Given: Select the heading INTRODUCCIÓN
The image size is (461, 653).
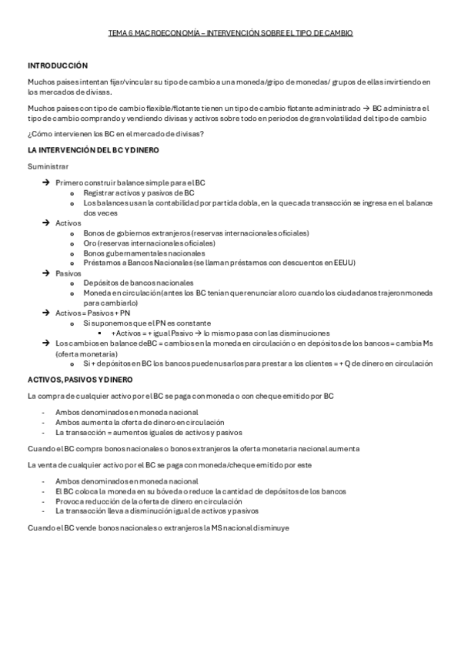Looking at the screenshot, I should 58,65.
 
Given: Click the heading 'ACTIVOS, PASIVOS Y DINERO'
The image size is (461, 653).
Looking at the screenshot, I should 80,380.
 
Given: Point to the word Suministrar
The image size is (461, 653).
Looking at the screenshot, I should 48,166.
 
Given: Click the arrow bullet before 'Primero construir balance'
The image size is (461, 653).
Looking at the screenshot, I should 46,183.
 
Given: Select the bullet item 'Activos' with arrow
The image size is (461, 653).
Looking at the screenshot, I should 68,223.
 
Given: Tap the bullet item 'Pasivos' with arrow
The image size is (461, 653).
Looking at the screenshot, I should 68,273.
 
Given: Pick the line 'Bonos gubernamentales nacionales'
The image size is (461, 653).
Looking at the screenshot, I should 144,253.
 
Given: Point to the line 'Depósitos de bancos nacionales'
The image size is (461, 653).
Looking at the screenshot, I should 139,283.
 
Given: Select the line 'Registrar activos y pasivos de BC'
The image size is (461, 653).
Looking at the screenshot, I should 139,193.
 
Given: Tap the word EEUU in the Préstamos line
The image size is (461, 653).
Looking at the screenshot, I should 346,263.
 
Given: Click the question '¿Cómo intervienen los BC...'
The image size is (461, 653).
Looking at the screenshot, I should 115,135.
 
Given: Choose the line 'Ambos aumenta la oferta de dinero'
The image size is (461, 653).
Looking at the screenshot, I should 139,422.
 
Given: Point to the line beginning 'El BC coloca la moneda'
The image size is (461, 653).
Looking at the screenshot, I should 200,491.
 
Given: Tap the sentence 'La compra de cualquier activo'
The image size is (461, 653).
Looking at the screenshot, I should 180,396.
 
